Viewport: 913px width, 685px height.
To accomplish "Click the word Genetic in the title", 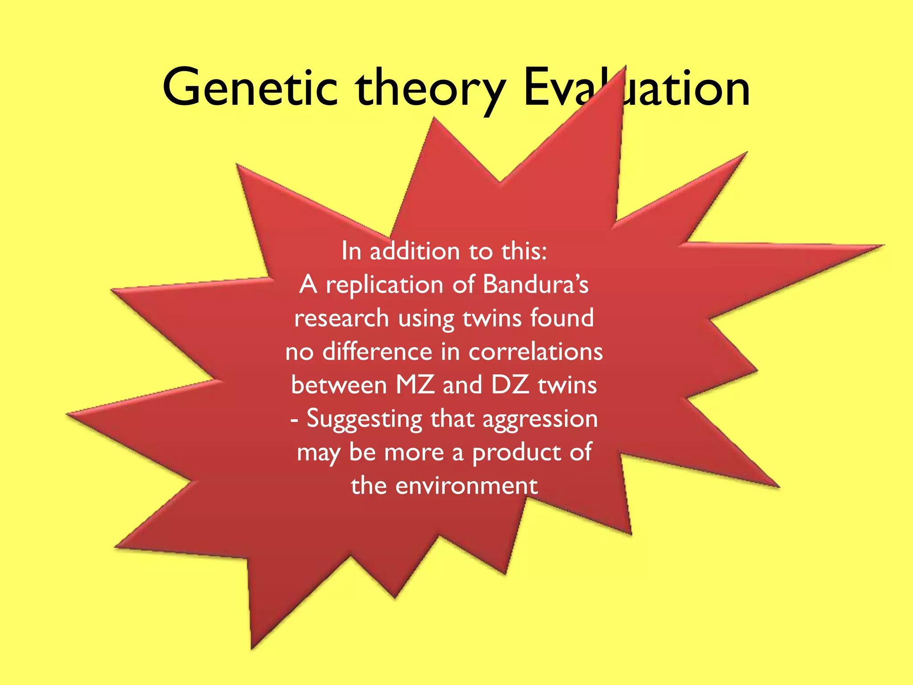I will pyautogui.click(x=250, y=87).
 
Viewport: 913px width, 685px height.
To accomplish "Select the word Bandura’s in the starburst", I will pyautogui.click(x=535, y=285).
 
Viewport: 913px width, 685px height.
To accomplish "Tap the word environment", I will pyautogui.click(x=466, y=486).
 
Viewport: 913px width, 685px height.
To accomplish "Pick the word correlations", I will pyautogui.click(x=535, y=351).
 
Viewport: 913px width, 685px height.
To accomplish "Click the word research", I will pyautogui.click(x=341, y=318).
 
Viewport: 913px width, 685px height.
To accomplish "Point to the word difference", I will pyautogui.click(x=377, y=351).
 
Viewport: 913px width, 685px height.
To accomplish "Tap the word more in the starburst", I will pyautogui.click(x=414, y=452).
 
